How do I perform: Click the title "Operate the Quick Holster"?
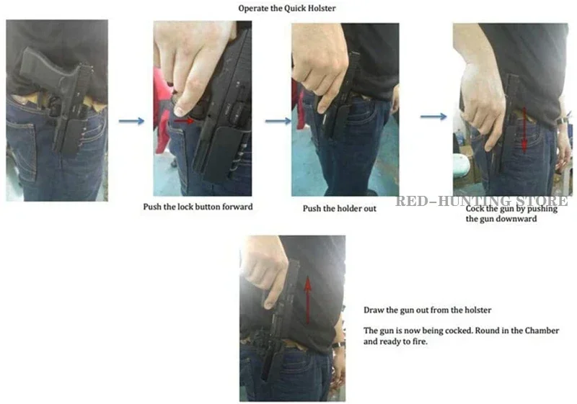286,8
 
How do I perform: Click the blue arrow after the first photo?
131,121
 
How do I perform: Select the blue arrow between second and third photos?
278,121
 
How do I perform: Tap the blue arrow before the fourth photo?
433,117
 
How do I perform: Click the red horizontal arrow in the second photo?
184,120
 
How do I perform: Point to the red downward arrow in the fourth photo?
524,130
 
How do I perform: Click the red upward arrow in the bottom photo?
308,300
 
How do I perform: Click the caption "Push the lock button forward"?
198,207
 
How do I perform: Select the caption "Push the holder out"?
339,209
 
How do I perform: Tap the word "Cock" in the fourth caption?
474,209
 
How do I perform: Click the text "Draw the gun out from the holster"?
427,310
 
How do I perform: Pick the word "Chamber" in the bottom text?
542,331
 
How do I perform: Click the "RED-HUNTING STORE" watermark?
482,201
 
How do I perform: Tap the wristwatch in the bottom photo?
338,345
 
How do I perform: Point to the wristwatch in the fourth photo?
563,121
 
